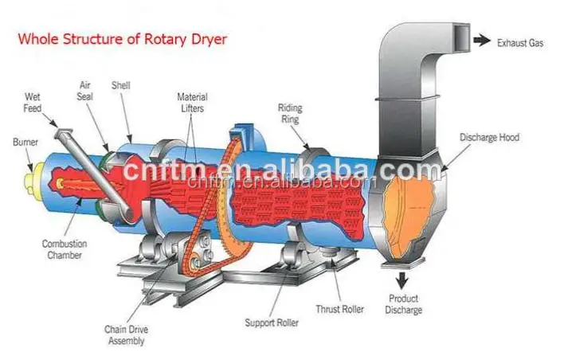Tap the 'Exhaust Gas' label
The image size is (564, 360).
[x=519, y=43]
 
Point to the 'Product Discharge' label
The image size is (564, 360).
[x=405, y=304]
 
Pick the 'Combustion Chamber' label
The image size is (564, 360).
[x=66, y=248]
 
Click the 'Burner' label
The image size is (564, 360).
[x=25, y=143]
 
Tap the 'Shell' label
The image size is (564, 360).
[x=121, y=85]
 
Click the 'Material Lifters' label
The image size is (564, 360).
[x=193, y=102]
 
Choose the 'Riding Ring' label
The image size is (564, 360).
[x=290, y=112]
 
